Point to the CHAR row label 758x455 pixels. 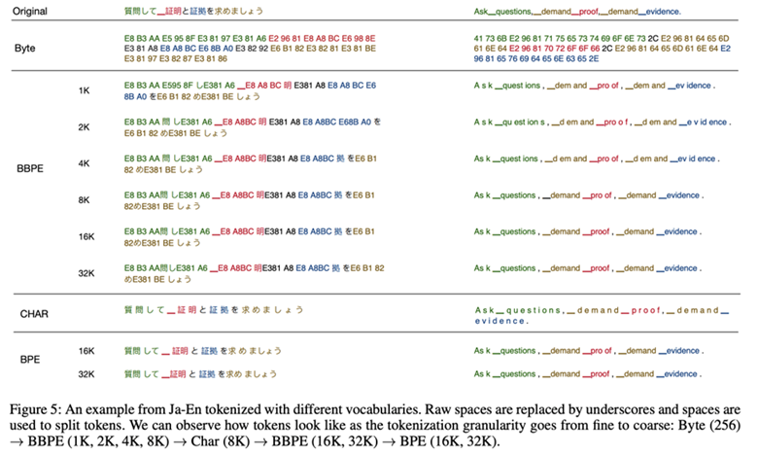click(x=36, y=313)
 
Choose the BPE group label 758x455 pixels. click(x=30, y=361)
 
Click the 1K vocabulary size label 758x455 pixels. click(x=86, y=89)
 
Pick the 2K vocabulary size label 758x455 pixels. click(x=86, y=127)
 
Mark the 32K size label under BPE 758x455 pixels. click(x=86, y=373)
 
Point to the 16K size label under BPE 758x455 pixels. click(x=86, y=350)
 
